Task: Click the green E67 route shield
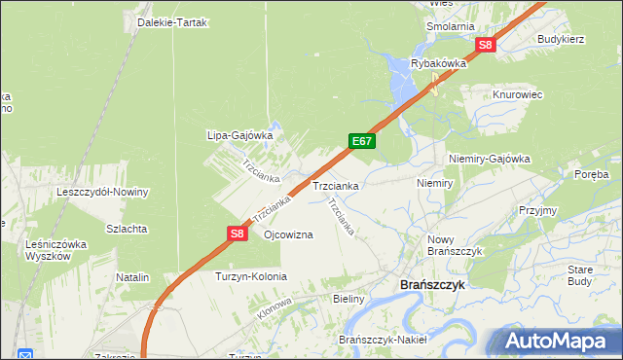point(362,142)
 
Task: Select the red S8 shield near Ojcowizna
point(238,234)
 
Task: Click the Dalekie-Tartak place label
point(173,22)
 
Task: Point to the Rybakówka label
point(439,63)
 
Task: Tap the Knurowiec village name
point(517,94)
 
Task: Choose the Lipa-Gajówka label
point(238,136)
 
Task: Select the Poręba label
point(591,174)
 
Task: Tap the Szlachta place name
point(127,229)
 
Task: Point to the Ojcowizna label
point(288,235)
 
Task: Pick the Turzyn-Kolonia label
point(250,277)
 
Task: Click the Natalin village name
point(132,277)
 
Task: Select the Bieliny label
point(348,300)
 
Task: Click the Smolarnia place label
point(450,26)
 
